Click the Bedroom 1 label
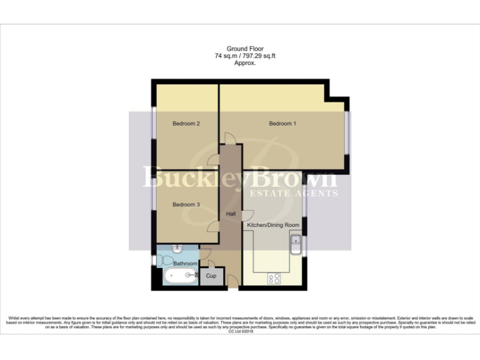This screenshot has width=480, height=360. (x=282, y=124)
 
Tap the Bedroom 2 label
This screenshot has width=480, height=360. (x=186, y=124)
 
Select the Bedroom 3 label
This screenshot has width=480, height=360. (x=186, y=204)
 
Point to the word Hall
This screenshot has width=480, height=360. (x=231, y=214)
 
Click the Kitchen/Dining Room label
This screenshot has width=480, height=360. (x=273, y=224)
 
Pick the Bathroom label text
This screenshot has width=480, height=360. (x=185, y=264)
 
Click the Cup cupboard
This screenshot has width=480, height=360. (x=211, y=276)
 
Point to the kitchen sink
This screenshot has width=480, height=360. (x=296, y=245)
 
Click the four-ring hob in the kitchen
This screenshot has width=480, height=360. (x=274, y=279)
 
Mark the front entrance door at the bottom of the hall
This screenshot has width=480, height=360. (x=232, y=284)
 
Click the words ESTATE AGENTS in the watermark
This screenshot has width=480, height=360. (x=293, y=193)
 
